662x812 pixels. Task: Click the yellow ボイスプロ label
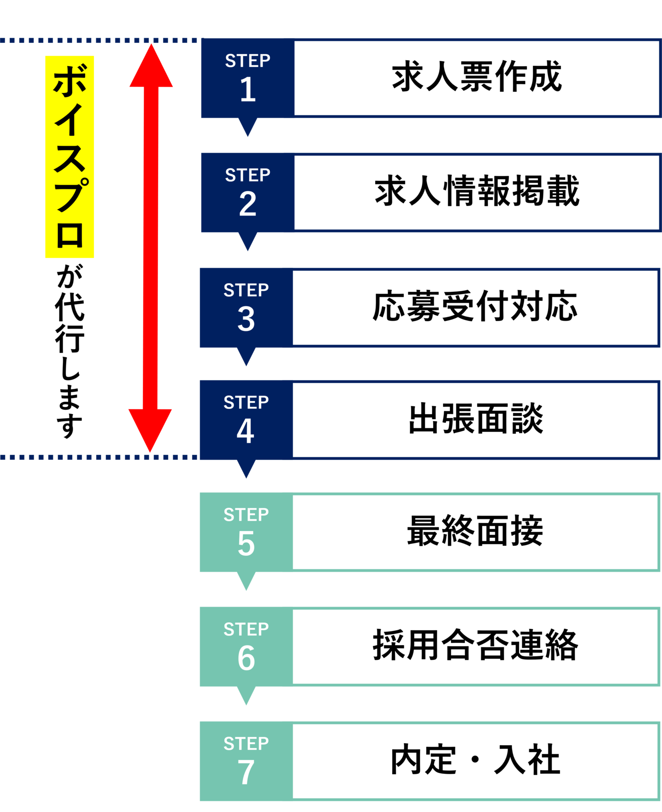coord(69,157)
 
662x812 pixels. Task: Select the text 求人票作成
coord(477,77)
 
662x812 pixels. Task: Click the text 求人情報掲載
coord(477,191)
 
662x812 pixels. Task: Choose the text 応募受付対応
coord(475,307)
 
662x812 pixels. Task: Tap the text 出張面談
coord(476,419)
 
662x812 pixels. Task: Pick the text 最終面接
coord(475,531)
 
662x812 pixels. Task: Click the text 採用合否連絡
coord(475,646)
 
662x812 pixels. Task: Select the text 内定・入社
coord(475,760)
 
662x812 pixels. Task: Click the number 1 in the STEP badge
coord(248,90)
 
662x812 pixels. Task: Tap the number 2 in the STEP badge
coord(248,204)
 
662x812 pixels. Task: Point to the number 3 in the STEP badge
coord(246,319)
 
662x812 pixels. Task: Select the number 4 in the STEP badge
coord(246,432)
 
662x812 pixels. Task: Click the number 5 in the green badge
coord(246,544)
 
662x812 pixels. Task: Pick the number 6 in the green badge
coord(246,659)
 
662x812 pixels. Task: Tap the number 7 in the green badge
coord(246,772)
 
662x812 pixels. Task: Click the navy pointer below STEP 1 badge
coord(248,127)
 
